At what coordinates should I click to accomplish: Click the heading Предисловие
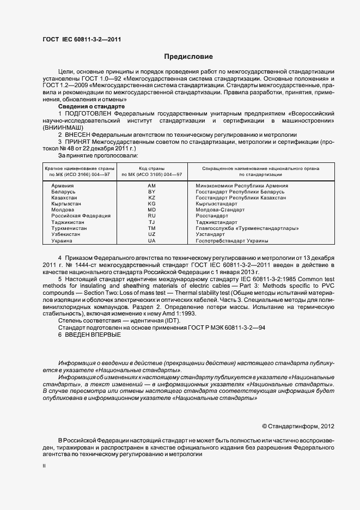(x=188, y=57)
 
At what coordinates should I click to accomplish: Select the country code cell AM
(x=152, y=186)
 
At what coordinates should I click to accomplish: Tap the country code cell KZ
(x=152, y=198)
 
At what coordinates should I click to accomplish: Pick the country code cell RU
(x=152, y=216)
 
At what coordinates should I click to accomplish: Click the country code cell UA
(x=152, y=240)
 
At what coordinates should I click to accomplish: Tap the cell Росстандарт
(x=212, y=216)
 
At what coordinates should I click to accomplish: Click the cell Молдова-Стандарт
(x=219, y=210)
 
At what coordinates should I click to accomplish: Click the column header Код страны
(x=152, y=168)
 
